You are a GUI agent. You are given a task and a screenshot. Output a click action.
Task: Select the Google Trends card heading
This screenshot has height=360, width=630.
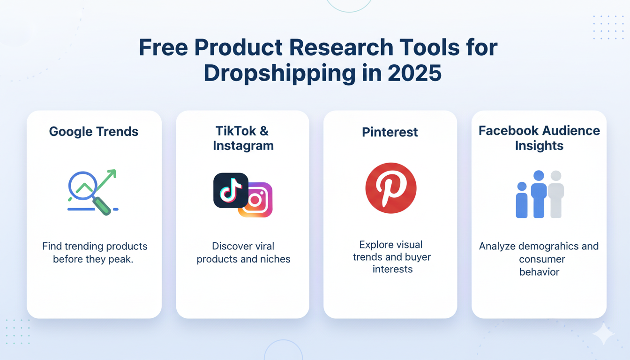tap(94, 132)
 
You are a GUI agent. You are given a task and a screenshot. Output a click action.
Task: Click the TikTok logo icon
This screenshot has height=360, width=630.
tap(231, 190)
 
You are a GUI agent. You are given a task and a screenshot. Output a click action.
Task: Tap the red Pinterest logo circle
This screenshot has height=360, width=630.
tap(390, 188)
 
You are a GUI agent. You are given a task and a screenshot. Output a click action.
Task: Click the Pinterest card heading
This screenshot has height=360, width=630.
tap(390, 132)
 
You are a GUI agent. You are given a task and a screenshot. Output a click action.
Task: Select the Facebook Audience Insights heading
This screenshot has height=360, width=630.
tap(539, 138)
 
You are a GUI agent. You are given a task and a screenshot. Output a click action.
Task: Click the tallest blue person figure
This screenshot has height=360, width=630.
tap(539, 194)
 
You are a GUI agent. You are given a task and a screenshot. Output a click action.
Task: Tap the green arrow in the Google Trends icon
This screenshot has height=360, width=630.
tap(106, 180)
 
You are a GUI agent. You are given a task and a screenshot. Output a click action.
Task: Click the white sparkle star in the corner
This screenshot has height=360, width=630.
tap(603, 334)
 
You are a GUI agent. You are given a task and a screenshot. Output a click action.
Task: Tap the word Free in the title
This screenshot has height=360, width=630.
tap(162, 48)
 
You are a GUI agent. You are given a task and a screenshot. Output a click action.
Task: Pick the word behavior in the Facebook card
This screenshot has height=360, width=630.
tap(539, 272)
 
